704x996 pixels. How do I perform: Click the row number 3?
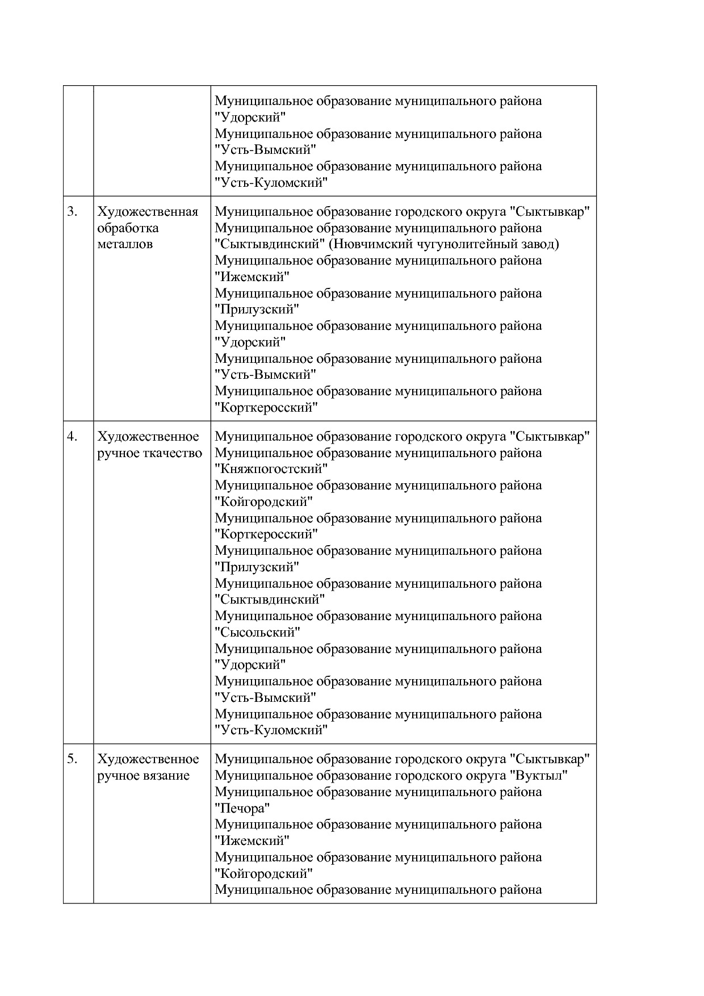[x=72, y=212]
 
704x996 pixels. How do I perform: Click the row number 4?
[x=72, y=437]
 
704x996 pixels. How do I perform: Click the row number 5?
[x=72, y=759]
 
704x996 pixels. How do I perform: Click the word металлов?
[x=125, y=245]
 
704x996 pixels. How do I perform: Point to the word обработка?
[x=128, y=228]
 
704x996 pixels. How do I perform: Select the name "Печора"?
[x=242, y=808]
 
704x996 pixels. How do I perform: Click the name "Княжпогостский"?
[x=271, y=469]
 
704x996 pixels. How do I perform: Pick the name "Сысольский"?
[x=257, y=632]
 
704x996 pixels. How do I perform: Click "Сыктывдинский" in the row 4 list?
[x=270, y=600]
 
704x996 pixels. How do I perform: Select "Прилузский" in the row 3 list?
[x=257, y=309]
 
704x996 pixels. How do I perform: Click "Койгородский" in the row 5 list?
[x=264, y=873]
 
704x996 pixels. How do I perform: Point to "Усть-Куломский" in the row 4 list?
[x=271, y=730]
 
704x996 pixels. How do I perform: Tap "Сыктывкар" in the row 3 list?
[x=550, y=212]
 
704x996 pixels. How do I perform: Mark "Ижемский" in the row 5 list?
[x=252, y=840]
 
